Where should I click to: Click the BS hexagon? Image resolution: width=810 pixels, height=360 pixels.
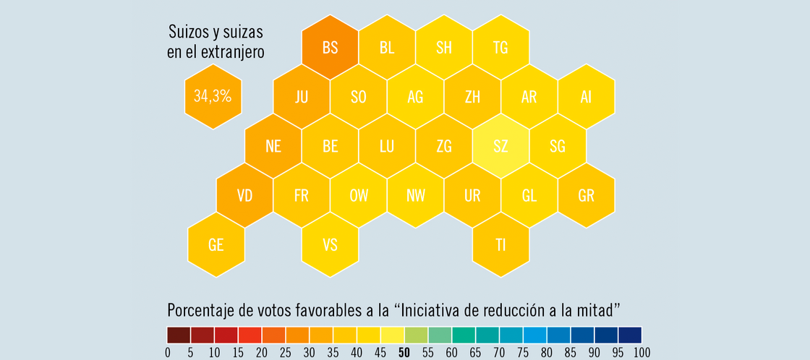[330, 48]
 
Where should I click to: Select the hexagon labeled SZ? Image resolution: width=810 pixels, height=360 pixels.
[500, 146]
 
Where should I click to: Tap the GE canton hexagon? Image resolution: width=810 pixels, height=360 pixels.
[216, 244]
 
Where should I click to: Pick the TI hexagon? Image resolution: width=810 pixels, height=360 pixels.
[500, 244]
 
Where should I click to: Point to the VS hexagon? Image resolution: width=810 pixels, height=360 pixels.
[330, 244]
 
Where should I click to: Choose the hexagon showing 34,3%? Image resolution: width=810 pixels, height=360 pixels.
[213, 96]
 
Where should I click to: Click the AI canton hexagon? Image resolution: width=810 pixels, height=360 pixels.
[586, 97]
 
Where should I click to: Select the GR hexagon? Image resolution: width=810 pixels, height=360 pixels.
[586, 195]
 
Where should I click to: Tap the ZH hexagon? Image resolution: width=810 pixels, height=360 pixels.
[472, 97]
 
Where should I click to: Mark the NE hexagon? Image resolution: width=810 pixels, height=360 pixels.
[273, 146]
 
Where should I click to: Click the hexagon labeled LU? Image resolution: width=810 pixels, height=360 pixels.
[387, 146]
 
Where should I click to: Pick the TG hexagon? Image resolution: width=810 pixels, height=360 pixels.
[500, 48]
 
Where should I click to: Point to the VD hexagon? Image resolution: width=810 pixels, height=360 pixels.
[244, 195]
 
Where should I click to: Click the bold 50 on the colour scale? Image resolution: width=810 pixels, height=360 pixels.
[405, 352]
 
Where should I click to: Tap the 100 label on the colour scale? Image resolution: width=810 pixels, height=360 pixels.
[641, 352]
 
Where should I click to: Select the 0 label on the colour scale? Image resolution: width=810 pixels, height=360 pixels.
[168, 352]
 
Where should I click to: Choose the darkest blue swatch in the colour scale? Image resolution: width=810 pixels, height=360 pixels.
[630, 335]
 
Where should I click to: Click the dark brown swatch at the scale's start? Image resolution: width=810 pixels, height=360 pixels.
[179, 335]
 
